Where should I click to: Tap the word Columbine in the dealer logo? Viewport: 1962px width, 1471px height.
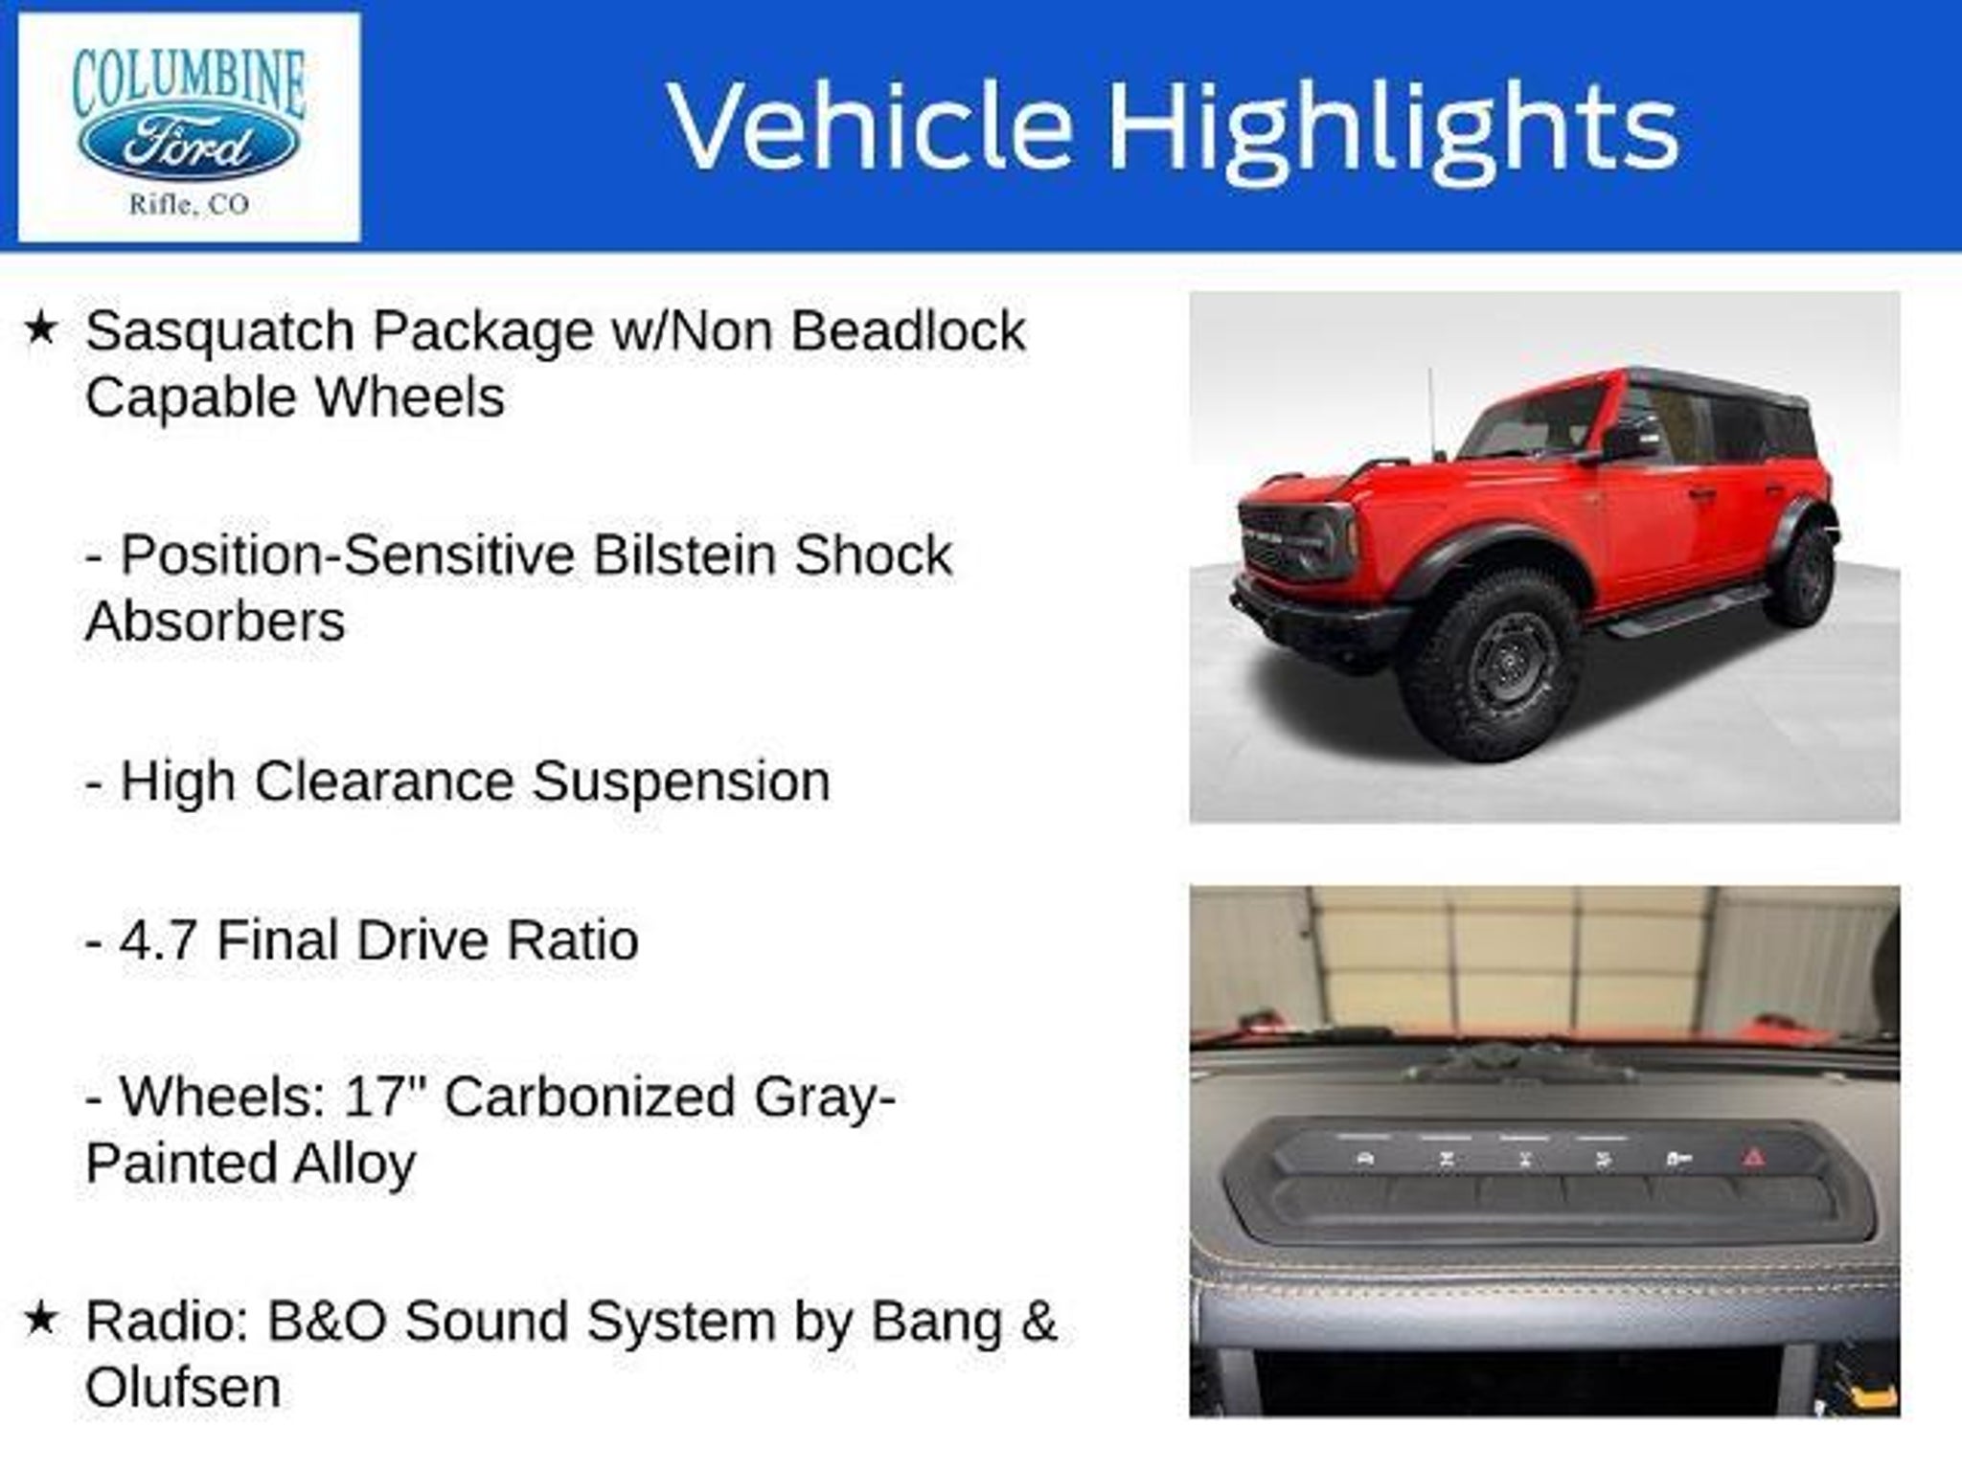point(189,82)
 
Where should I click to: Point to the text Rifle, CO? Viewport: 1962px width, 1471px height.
point(189,204)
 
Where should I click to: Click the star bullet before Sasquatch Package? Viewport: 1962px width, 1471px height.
point(40,329)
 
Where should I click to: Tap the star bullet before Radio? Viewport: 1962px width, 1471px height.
point(40,1320)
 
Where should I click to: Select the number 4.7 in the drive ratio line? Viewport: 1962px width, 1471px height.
point(159,939)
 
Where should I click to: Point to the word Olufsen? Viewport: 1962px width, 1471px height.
point(183,1387)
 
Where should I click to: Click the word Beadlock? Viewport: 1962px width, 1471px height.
point(908,330)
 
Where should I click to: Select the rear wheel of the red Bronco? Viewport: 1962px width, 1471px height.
point(1800,577)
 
